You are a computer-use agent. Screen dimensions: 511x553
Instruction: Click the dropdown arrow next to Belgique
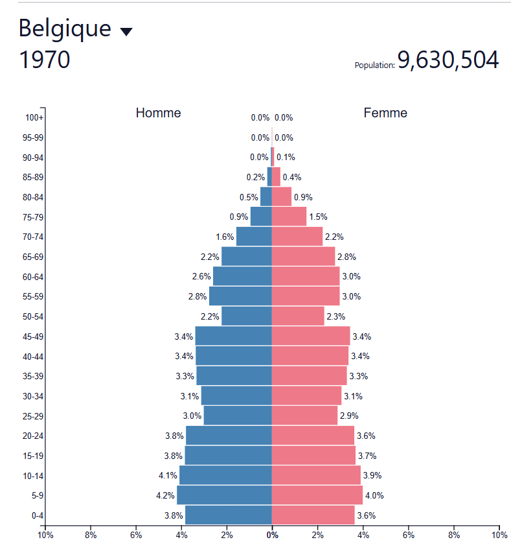[x=126, y=32]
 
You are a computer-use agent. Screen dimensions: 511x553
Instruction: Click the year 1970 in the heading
[x=45, y=60]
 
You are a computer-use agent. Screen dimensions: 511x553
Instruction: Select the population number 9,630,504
[x=448, y=60]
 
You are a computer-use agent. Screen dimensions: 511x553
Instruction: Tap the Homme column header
[x=158, y=113]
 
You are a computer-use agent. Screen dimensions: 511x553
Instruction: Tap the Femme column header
[x=385, y=113]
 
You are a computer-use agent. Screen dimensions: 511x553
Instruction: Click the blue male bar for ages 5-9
[x=224, y=495]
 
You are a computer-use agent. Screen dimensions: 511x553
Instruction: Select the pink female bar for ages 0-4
[x=313, y=515]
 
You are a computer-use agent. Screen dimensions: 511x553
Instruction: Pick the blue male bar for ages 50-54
[x=247, y=316]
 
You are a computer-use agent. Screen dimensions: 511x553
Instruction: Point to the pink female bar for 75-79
[x=289, y=216]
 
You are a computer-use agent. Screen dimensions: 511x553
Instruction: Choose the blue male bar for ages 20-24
[x=229, y=436]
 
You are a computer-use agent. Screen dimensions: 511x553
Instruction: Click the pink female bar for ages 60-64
[x=306, y=276]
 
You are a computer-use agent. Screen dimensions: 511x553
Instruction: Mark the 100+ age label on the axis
[x=34, y=117]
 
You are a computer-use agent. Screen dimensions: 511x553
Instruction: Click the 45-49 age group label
[x=33, y=337]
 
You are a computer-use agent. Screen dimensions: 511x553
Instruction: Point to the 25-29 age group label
[x=33, y=416]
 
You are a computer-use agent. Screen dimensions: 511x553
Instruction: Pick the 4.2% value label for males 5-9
[x=165, y=495]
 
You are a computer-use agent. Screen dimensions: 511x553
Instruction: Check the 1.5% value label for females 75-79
[x=318, y=217]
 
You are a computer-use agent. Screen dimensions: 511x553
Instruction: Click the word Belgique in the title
[x=65, y=29]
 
